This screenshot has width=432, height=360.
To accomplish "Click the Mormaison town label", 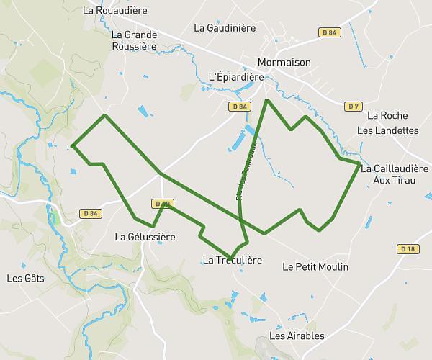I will point(284,62).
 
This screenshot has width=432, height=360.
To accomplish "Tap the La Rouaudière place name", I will point(115,11).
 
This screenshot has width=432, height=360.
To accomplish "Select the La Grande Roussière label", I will point(135,40).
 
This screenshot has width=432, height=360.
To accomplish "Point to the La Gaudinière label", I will point(225,28).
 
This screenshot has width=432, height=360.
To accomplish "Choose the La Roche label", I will point(387,115).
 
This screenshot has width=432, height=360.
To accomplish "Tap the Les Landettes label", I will point(387,130).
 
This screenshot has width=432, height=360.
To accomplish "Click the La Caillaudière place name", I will point(395,168).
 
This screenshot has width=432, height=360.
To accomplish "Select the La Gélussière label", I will point(145,236).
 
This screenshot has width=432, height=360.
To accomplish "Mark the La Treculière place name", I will point(232,260).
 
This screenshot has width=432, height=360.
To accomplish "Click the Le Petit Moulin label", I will point(315,267).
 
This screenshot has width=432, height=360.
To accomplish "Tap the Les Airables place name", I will point(297,336).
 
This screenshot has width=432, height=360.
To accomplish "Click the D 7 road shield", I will point(352,107).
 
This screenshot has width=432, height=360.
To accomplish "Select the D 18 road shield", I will point(408,249).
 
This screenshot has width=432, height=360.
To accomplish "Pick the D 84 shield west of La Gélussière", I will point(90,213).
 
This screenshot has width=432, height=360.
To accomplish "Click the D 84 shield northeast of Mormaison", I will point(330,32).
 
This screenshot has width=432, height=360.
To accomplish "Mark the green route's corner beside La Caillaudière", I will point(359,164).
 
